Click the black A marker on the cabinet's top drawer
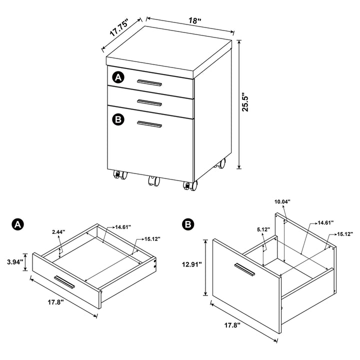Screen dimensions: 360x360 pos(118,77)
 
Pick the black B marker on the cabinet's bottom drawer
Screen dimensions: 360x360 pos(118,119)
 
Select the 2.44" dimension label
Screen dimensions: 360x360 pos(58,232)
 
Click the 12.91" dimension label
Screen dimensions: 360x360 pos(191,265)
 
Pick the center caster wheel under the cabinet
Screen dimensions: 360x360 pos(152,181)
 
